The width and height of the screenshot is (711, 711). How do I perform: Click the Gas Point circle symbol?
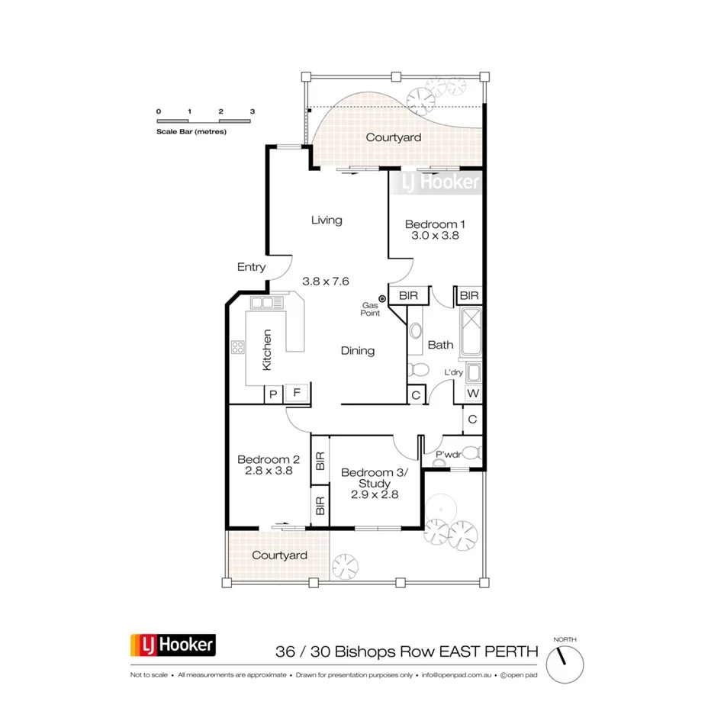click(x=383, y=299)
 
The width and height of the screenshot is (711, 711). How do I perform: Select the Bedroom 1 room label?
click(x=435, y=224)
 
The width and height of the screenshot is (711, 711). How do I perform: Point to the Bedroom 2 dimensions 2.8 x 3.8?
click(x=269, y=471)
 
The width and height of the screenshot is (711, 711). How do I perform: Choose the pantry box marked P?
click(x=272, y=394)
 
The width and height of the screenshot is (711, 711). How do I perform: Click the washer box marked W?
click(x=474, y=394)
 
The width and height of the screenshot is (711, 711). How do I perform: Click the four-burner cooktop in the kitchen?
click(x=237, y=349)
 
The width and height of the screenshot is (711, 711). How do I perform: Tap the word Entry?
click(x=252, y=267)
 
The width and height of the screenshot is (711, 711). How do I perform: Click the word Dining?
click(x=358, y=351)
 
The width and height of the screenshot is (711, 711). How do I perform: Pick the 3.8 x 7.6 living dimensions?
click(x=326, y=281)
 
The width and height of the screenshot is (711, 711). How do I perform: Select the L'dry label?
click(x=454, y=372)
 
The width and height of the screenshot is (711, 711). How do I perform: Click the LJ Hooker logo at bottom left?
click(x=173, y=645)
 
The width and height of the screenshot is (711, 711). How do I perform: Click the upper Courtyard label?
click(x=394, y=137)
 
